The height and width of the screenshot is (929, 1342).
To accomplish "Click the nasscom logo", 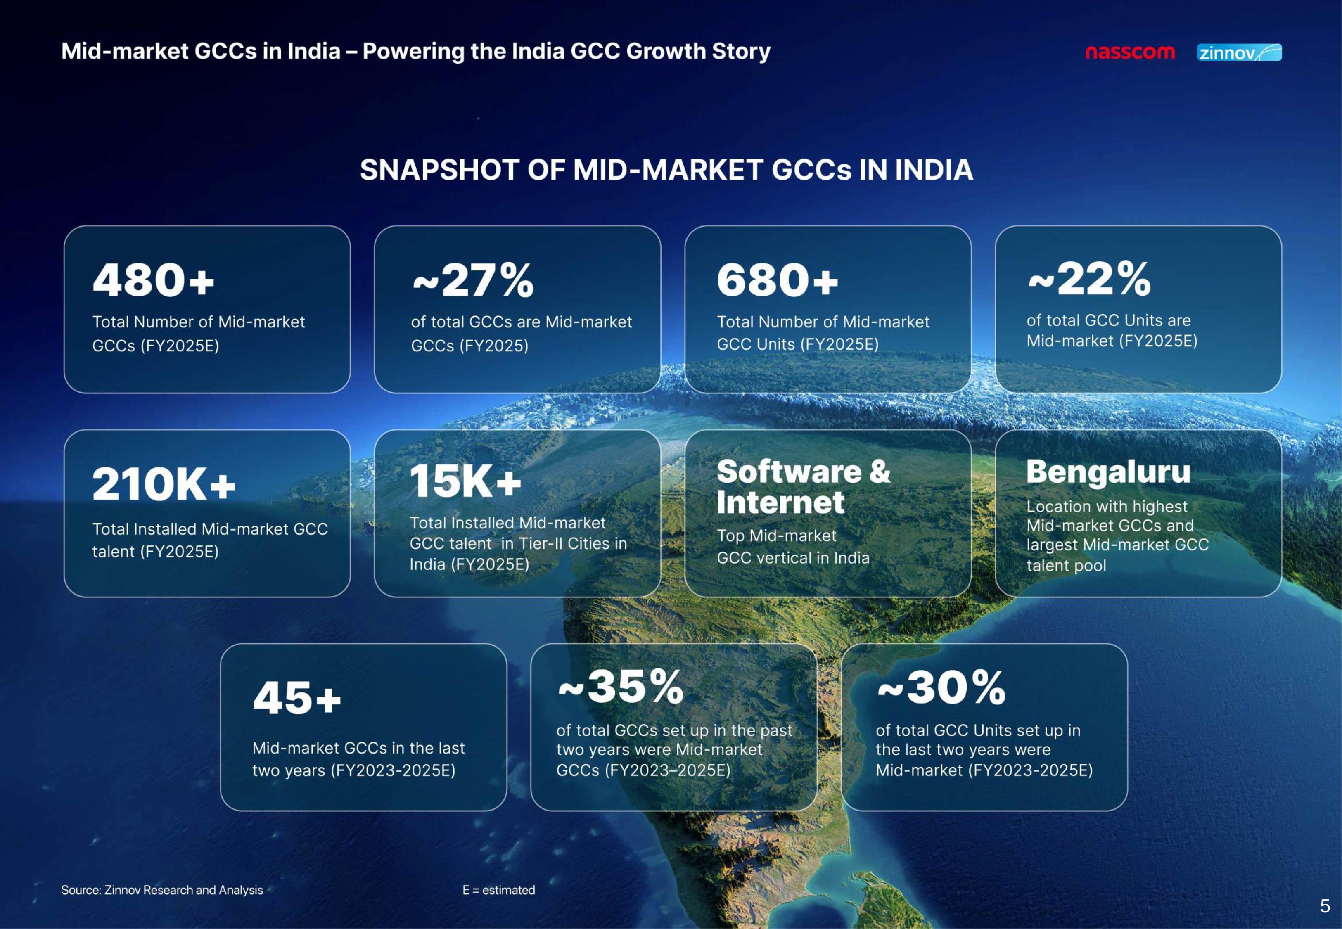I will [1130, 52].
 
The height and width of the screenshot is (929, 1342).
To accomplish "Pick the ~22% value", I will [1089, 278].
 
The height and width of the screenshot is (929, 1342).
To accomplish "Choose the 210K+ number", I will [164, 484].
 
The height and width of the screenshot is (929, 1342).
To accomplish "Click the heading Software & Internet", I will [803, 487].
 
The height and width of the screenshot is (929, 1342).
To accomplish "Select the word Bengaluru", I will [1108, 472].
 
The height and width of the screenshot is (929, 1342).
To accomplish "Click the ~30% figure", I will [941, 687].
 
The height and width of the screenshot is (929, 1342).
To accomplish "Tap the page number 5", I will [1325, 906].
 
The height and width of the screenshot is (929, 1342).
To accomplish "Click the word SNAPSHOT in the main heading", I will [439, 170].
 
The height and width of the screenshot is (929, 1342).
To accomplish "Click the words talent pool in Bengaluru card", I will [1066, 565].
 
